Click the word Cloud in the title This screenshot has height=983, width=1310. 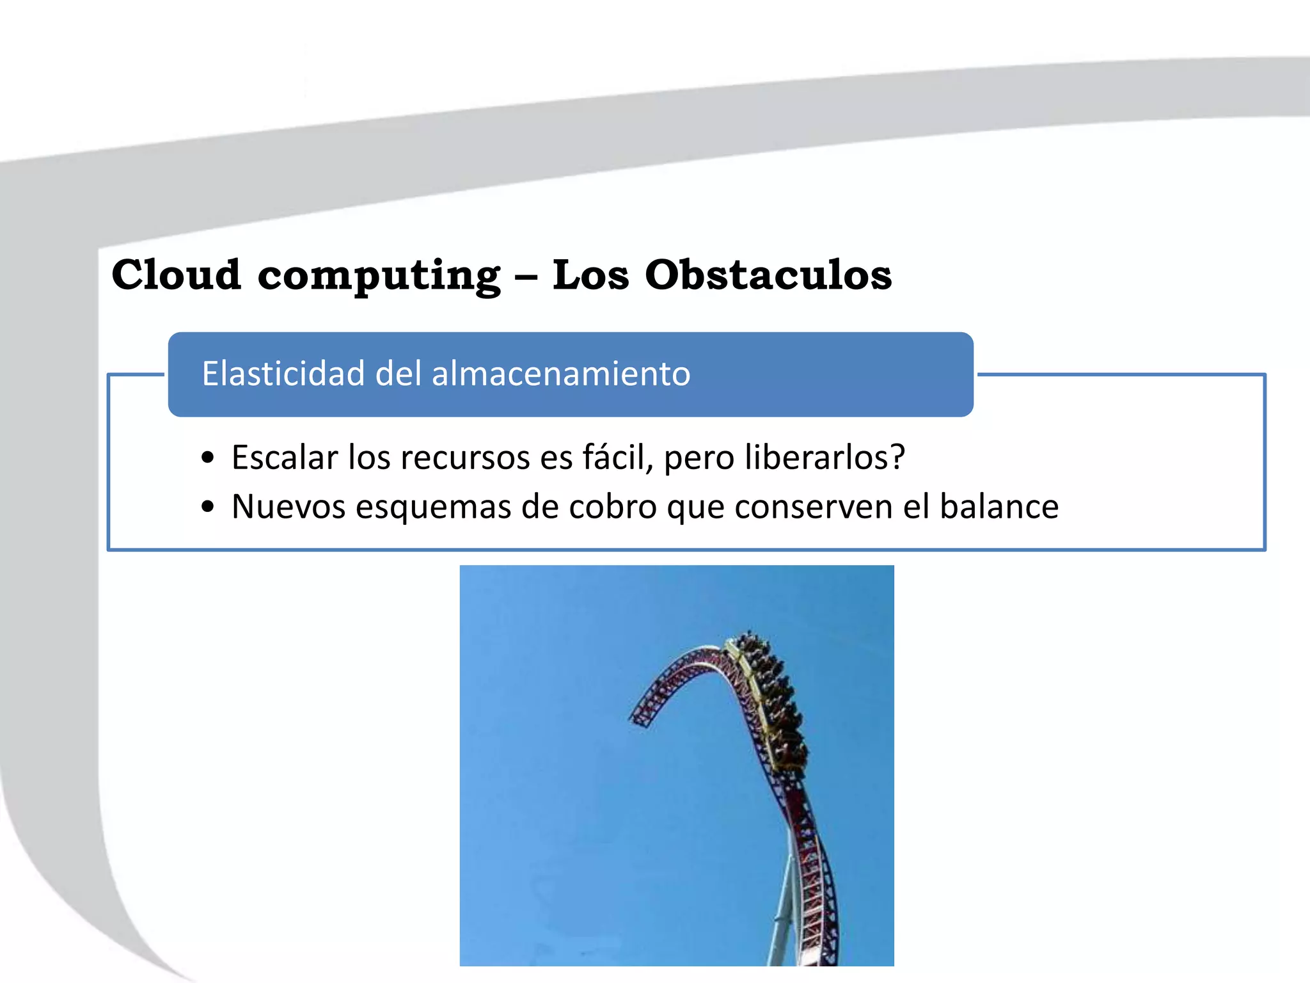(176, 275)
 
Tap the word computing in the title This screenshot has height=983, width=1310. (379, 276)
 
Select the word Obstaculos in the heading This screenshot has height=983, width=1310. (768, 275)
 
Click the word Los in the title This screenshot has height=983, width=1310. (590, 275)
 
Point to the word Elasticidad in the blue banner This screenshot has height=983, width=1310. (283, 373)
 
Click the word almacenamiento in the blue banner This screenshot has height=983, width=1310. (561, 373)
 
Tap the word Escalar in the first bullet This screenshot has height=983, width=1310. (285, 457)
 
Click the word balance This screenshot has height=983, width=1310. (998, 506)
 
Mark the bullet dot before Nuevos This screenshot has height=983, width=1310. (207, 507)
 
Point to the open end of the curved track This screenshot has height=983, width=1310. (640, 720)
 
